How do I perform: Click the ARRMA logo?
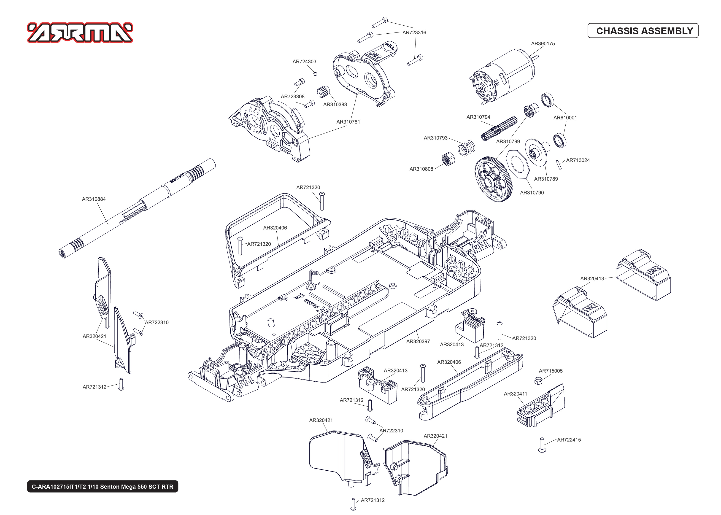coord(80,32)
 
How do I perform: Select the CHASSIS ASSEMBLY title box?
coord(643,31)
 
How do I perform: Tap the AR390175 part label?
coord(543,43)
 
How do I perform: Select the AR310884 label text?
coord(94,199)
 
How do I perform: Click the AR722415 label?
coord(569,440)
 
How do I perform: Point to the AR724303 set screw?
coord(315,74)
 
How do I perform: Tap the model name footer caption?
coord(103,486)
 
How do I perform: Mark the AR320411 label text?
coord(515,394)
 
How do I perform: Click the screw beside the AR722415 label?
coord(542,445)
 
